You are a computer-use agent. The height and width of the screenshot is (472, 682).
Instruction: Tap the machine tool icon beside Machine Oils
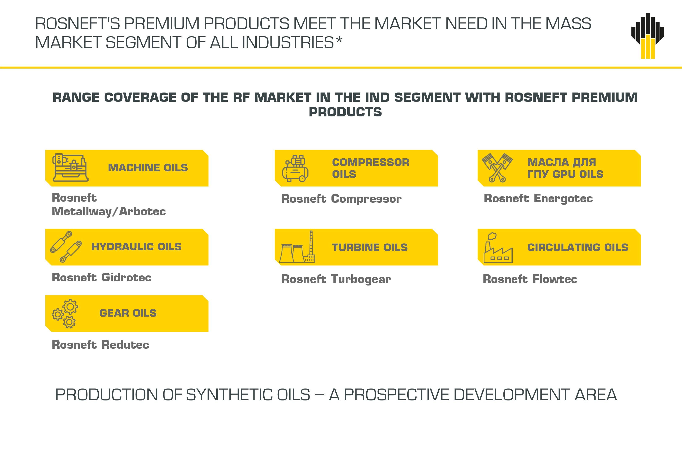[x=70, y=167]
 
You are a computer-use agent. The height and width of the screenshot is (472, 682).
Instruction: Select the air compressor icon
[x=295, y=168]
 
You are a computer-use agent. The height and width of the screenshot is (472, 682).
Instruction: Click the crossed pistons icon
[x=497, y=167]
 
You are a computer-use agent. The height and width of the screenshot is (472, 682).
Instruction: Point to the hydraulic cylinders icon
[x=66, y=247]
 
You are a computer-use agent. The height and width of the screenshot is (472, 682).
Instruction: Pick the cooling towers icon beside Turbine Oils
[x=297, y=247]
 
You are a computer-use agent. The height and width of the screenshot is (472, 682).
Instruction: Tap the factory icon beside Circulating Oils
[x=498, y=248]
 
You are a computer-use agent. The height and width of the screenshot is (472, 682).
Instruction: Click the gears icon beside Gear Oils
[x=65, y=313]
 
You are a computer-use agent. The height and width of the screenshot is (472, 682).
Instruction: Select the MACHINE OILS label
[x=148, y=168]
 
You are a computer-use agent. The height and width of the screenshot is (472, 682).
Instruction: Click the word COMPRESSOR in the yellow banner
[x=371, y=162]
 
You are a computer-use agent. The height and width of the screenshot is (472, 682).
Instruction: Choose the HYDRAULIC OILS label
[x=136, y=247]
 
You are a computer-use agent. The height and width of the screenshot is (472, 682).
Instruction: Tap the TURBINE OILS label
[x=370, y=247]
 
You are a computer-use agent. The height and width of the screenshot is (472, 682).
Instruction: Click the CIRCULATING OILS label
[x=577, y=247]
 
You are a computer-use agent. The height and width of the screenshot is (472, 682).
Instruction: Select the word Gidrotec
[x=126, y=277]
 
